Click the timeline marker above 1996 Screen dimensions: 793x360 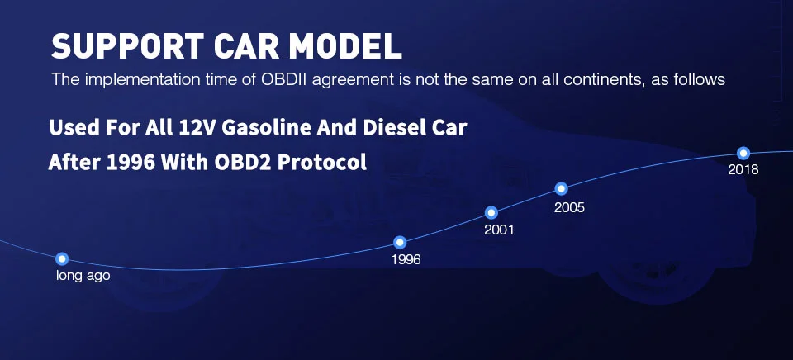[x=400, y=243]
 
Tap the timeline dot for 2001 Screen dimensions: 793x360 [x=491, y=213]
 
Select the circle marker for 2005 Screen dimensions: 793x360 [x=561, y=189]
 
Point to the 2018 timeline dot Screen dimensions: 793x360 [x=743, y=153]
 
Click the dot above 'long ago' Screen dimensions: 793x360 [x=62, y=259]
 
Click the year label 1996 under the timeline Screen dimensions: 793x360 [x=406, y=260]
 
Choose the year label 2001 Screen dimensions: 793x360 [x=499, y=230]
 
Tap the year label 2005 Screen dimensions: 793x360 [x=569, y=207]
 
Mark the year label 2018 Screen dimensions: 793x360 [x=743, y=170]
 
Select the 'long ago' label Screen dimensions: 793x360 [x=83, y=276]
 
